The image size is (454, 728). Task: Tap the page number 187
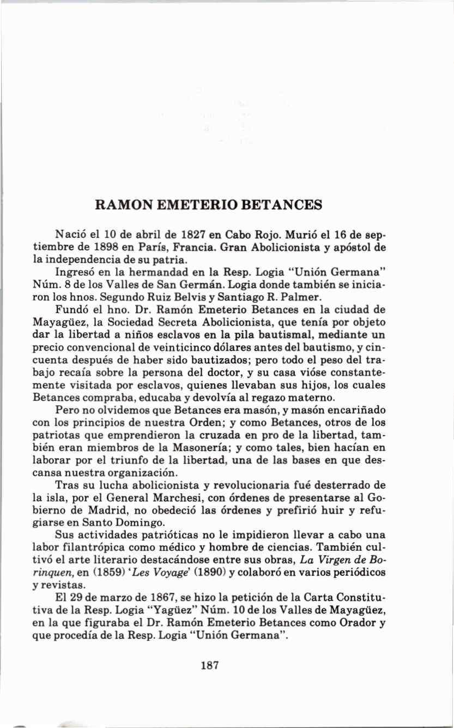210,665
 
